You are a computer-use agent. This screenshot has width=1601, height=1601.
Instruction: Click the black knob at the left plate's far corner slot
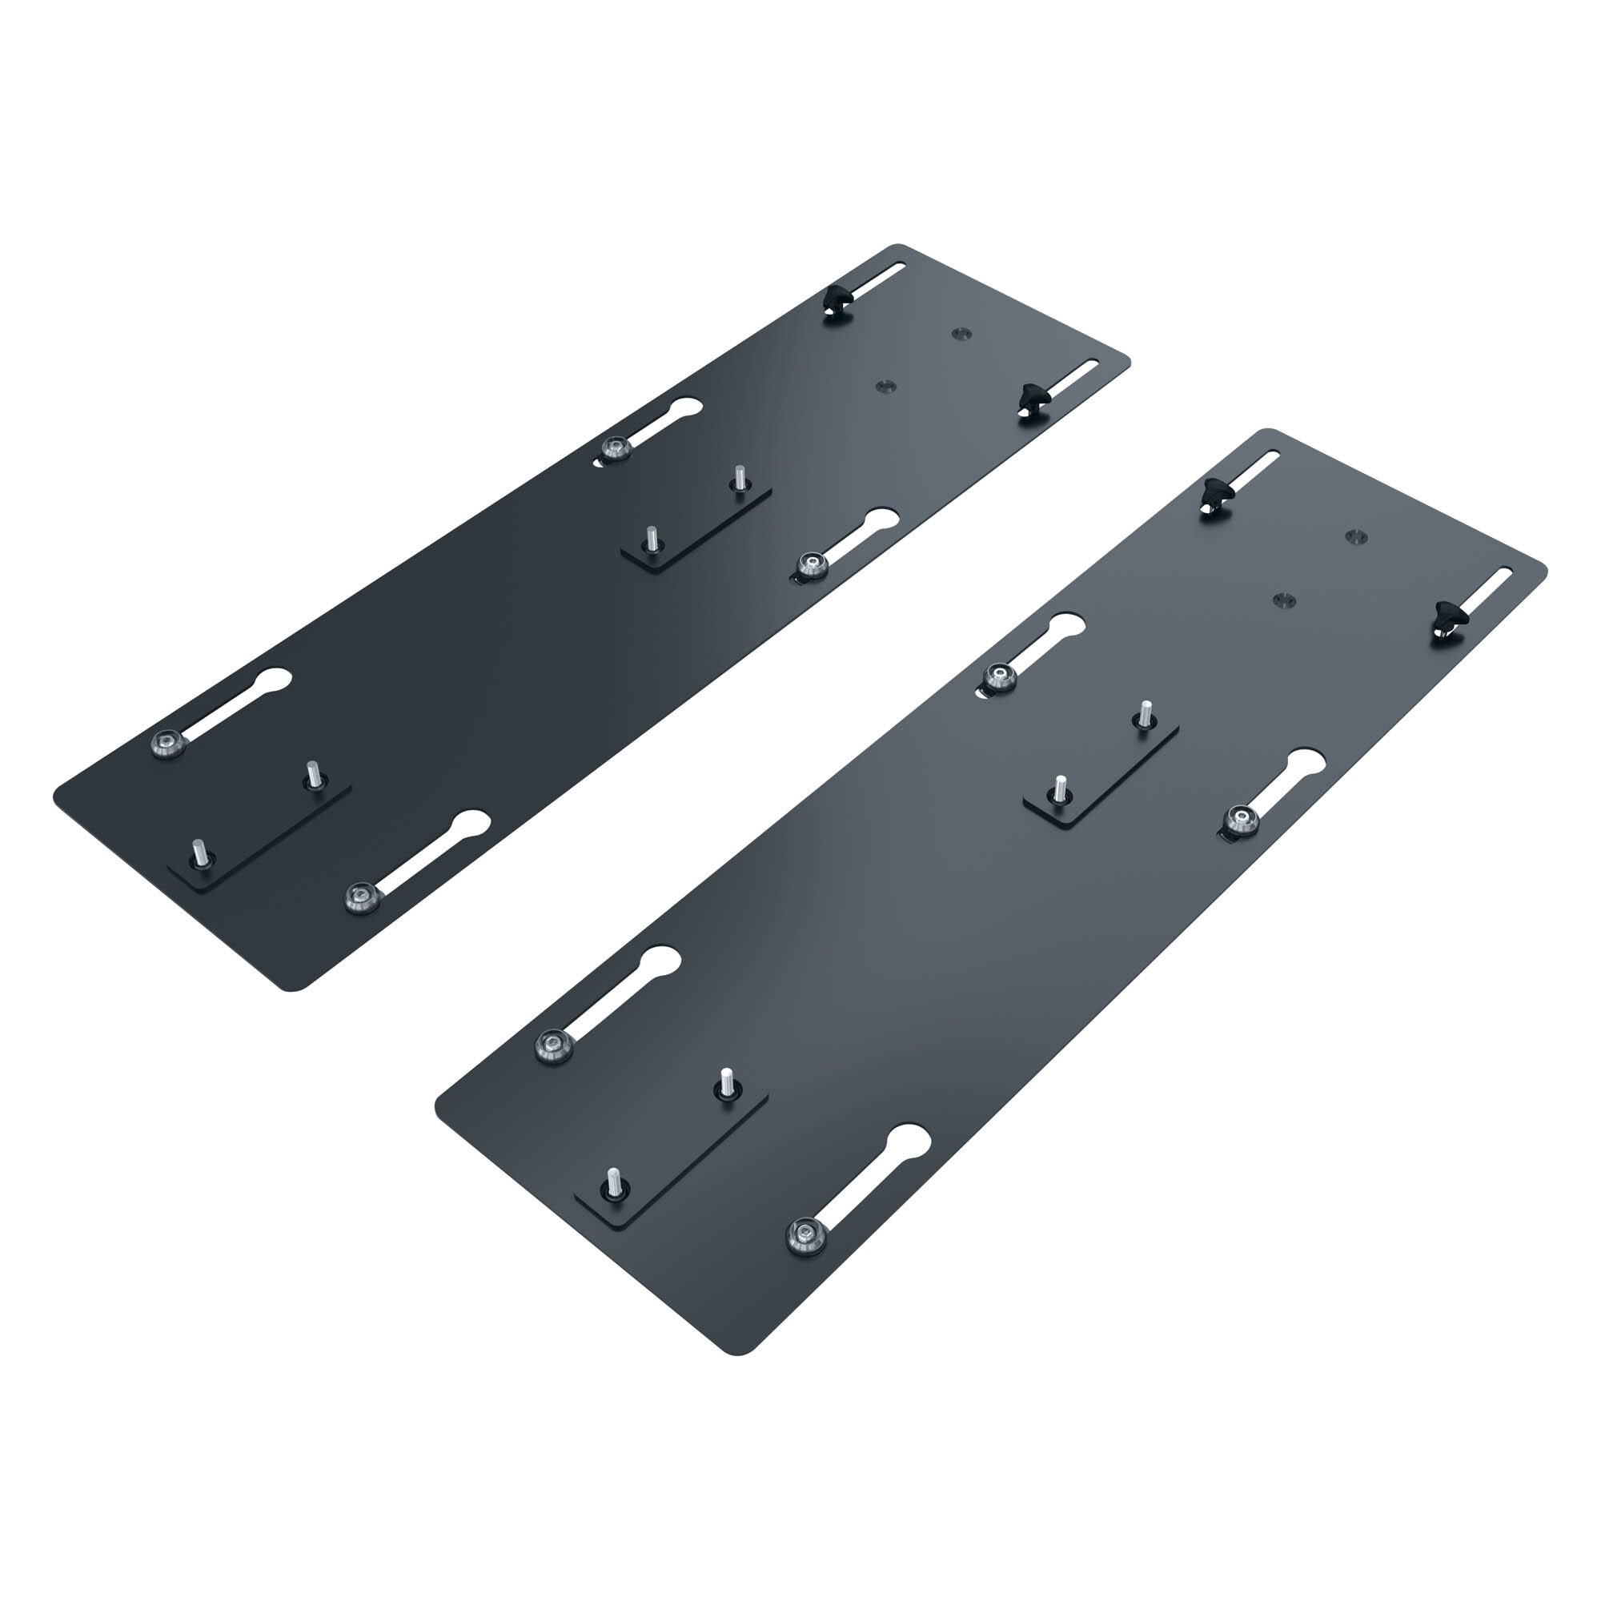(838, 300)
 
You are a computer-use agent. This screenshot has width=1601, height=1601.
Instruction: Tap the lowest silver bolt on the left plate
(358, 895)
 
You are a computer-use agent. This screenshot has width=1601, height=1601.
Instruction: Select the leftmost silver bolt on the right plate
(549, 1046)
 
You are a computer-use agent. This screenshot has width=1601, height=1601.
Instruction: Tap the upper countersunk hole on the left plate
(960, 332)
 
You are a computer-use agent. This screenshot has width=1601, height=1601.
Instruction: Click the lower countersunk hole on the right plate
(1284, 598)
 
